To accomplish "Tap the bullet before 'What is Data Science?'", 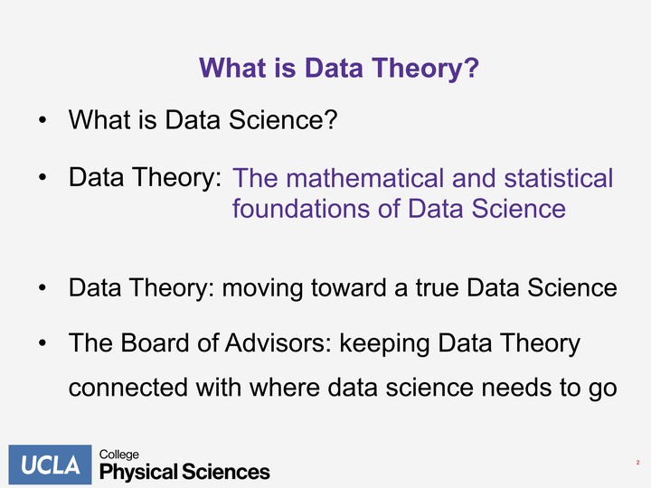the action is point(42,120).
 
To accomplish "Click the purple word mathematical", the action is point(364,178).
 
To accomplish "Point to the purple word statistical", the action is point(559,178).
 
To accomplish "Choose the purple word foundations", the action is point(300,208).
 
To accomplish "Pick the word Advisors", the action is point(278,343).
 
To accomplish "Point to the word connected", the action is point(127,388).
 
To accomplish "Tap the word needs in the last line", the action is point(516,388).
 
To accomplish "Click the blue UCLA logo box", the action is point(50,465).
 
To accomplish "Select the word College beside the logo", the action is point(119,455).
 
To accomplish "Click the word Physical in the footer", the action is point(138,473).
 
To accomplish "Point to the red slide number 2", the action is point(637,463).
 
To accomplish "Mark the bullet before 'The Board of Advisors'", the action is point(42,343).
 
